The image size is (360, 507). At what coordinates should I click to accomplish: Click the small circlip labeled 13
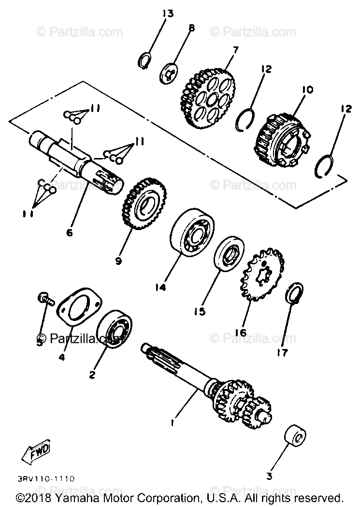144,61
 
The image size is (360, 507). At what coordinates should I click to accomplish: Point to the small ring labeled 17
295,293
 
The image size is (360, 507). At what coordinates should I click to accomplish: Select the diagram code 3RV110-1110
45,478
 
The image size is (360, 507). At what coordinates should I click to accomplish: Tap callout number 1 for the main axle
173,423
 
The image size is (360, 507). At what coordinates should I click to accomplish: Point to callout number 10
308,89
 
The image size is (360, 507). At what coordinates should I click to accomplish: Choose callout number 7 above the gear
235,49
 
